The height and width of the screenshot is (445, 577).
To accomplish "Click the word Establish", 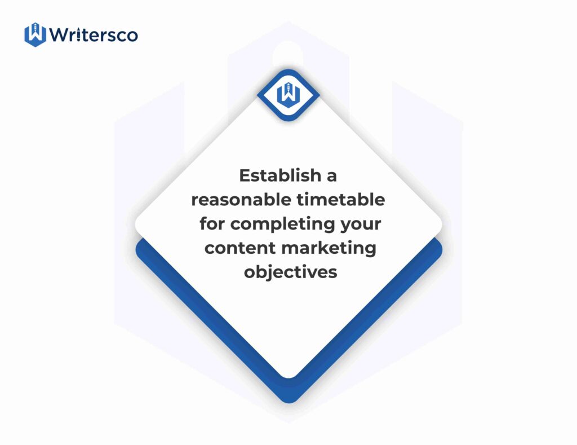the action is click(281, 175).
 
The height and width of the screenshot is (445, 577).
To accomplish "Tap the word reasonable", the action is click(241, 200).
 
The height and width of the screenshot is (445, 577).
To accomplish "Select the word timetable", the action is click(341, 200).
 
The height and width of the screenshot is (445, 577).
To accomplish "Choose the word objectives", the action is click(290, 272).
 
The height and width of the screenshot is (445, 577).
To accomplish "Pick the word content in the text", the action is click(240, 248).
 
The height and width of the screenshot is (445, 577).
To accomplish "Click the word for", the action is click(212, 223).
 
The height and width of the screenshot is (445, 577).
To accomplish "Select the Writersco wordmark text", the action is click(94, 35).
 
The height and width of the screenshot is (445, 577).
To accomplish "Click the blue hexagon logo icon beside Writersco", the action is click(35, 34).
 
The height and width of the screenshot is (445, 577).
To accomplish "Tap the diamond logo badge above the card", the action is click(288, 95).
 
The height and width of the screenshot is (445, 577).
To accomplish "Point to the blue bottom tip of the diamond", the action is click(289, 400).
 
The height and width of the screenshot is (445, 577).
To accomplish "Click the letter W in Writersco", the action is click(59, 34).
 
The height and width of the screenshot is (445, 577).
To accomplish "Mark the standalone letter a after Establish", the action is click(332, 177).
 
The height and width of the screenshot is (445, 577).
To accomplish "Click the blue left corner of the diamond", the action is click(140, 250).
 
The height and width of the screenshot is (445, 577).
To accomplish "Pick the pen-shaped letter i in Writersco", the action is click(79, 35).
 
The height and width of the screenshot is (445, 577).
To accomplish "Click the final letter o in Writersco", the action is click(132, 36).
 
